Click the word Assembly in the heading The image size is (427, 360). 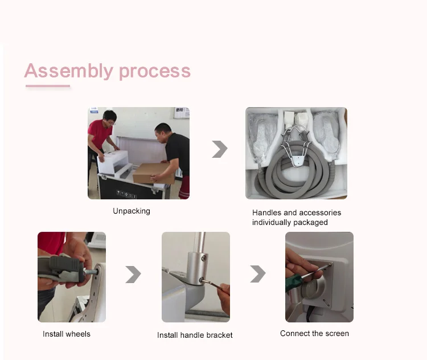click(x=69, y=71)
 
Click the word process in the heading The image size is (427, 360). click(x=155, y=72)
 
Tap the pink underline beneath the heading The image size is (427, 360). click(x=48, y=86)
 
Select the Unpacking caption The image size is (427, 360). click(x=132, y=211)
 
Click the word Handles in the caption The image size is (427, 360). click(x=266, y=212)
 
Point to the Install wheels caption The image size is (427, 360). click(x=67, y=334)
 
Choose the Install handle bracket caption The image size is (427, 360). click(x=195, y=335)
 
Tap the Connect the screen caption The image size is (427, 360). click(x=314, y=333)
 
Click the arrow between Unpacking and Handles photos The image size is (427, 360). click(x=220, y=149)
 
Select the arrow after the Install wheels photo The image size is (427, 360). click(x=133, y=275)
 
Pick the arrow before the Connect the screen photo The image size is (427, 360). click(x=258, y=273)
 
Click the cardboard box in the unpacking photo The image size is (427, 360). click(x=153, y=173)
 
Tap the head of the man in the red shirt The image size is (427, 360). click(x=110, y=118)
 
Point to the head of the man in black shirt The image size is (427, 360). click(x=163, y=133)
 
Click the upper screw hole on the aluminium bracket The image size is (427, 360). click(x=203, y=257)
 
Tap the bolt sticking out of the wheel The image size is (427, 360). click(x=91, y=272)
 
